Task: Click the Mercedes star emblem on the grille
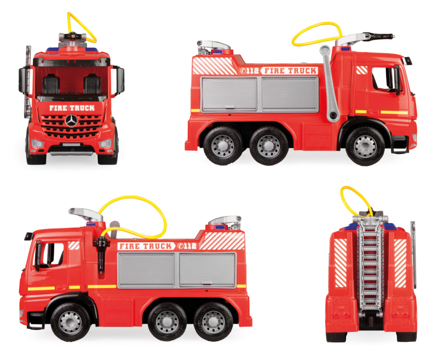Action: (71, 121)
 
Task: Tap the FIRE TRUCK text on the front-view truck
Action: (72, 108)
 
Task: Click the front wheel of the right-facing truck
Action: (365, 146)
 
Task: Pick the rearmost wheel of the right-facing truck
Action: (223, 146)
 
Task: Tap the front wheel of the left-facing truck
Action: (70, 322)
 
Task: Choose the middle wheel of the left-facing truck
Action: (167, 322)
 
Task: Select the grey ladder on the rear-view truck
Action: (370, 264)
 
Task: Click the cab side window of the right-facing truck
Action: (384, 78)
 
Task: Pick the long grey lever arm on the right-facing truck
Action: (330, 84)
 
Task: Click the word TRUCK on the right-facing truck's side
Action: (303, 71)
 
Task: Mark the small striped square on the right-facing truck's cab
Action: (362, 70)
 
